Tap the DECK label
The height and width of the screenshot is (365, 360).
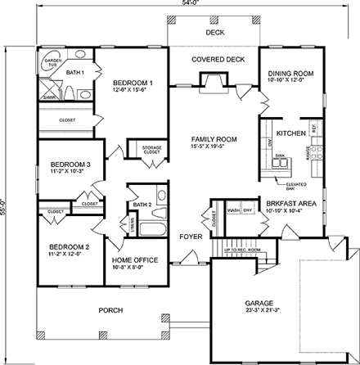click(214, 34)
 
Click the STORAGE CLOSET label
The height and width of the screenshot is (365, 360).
click(151, 150)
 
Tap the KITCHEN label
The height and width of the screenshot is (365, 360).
click(290, 133)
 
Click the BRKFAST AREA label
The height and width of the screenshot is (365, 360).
click(285, 205)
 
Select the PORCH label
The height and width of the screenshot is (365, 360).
click(110, 310)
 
